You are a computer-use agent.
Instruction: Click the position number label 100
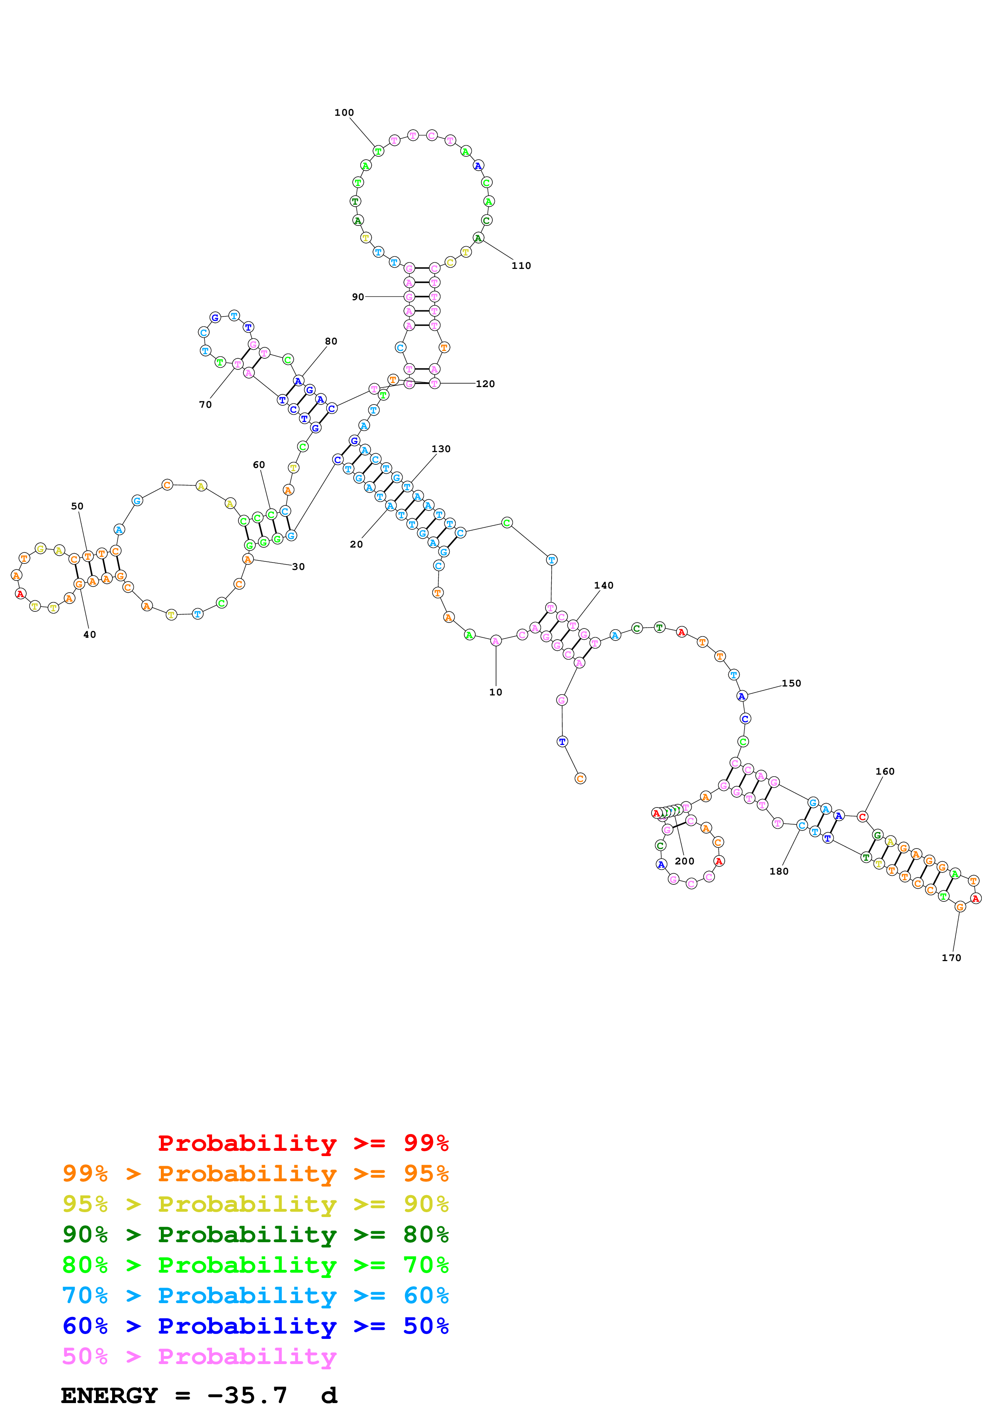tap(344, 113)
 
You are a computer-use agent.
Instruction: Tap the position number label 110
tap(521, 266)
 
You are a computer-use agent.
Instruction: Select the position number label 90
tap(358, 297)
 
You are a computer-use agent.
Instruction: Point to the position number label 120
tap(485, 383)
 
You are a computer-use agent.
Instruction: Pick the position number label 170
tap(951, 958)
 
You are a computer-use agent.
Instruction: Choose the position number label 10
tap(495, 692)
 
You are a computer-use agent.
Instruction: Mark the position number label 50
tap(77, 506)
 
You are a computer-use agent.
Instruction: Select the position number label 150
tap(791, 683)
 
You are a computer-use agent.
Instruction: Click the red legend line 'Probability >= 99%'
tap(303, 1143)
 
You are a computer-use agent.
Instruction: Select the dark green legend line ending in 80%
tap(255, 1234)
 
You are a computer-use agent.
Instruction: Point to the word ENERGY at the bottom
tap(109, 1395)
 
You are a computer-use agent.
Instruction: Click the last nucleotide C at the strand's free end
tap(580, 778)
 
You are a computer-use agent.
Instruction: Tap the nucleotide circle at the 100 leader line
tap(378, 151)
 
